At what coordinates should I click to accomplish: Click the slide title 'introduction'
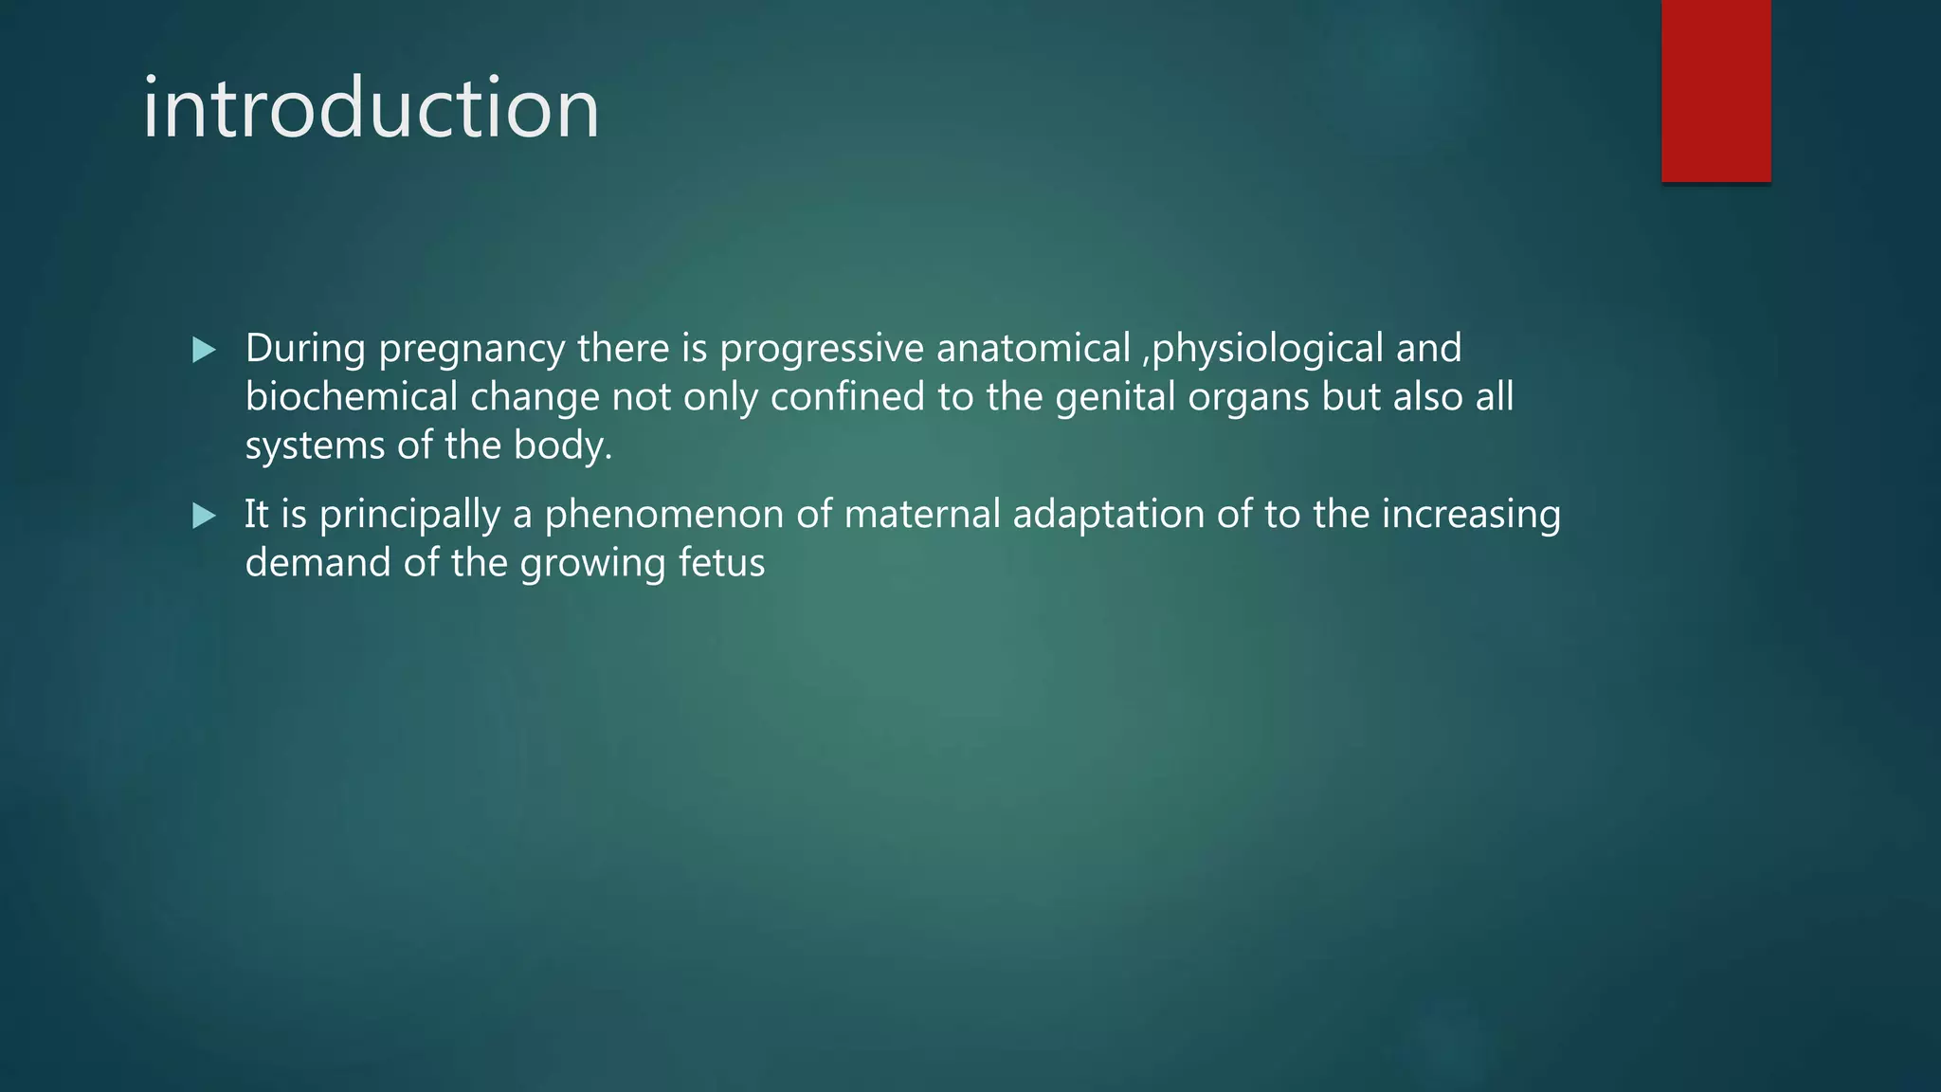click(371, 108)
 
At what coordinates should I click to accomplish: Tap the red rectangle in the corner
click(1715, 91)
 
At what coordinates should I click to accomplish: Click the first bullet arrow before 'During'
click(204, 351)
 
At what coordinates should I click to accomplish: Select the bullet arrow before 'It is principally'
click(204, 517)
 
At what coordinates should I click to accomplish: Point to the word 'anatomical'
click(1033, 348)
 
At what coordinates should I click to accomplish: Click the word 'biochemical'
click(352, 396)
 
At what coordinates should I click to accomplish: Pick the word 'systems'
click(315, 446)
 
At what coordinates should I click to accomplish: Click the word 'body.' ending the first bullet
click(563, 446)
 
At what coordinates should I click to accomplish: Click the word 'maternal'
click(921, 514)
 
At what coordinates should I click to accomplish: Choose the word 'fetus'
click(721, 563)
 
